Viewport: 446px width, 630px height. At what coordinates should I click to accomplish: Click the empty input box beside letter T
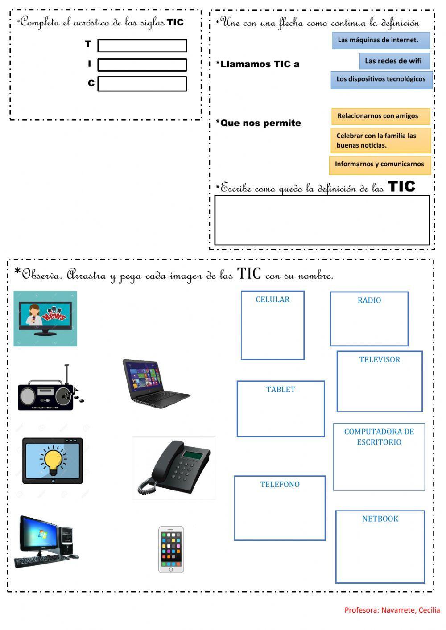click(x=142, y=45)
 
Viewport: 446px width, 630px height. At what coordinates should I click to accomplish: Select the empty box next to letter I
click(x=142, y=65)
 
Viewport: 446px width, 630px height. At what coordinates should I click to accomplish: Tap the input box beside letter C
click(x=142, y=84)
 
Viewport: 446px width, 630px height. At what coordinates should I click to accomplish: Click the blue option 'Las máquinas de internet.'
click(x=381, y=40)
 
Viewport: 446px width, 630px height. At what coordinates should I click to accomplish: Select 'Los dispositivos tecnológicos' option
click(x=381, y=79)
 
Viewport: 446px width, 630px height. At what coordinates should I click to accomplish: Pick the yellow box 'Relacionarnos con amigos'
click(x=380, y=116)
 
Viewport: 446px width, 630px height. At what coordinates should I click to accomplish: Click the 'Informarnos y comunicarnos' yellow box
click(x=380, y=164)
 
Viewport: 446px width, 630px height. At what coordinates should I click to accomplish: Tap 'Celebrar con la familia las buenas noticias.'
click(x=380, y=140)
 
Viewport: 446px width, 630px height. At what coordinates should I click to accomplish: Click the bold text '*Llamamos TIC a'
click(x=258, y=64)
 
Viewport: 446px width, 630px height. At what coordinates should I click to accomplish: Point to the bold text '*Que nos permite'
click(x=259, y=123)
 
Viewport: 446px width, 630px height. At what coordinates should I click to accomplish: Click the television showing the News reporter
click(x=45, y=318)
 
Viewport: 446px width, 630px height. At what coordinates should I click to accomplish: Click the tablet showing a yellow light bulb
click(x=53, y=461)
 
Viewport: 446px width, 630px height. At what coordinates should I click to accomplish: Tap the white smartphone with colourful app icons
click(x=171, y=549)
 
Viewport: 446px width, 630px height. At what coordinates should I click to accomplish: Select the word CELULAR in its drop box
click(x=273, y=300)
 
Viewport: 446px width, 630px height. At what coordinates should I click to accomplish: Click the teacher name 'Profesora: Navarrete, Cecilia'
click(x=392, y=610)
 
